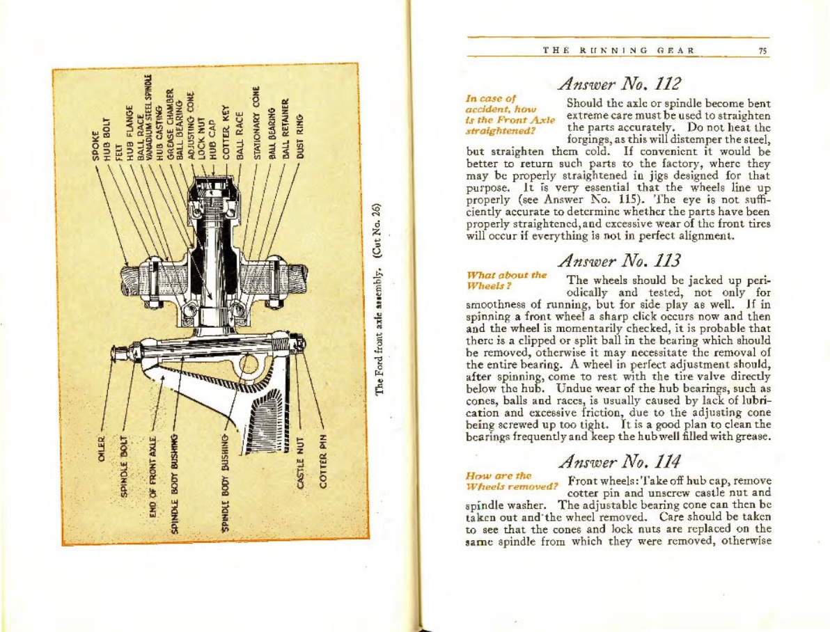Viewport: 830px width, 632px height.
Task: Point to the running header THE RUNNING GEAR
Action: (x=620, y=49)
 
